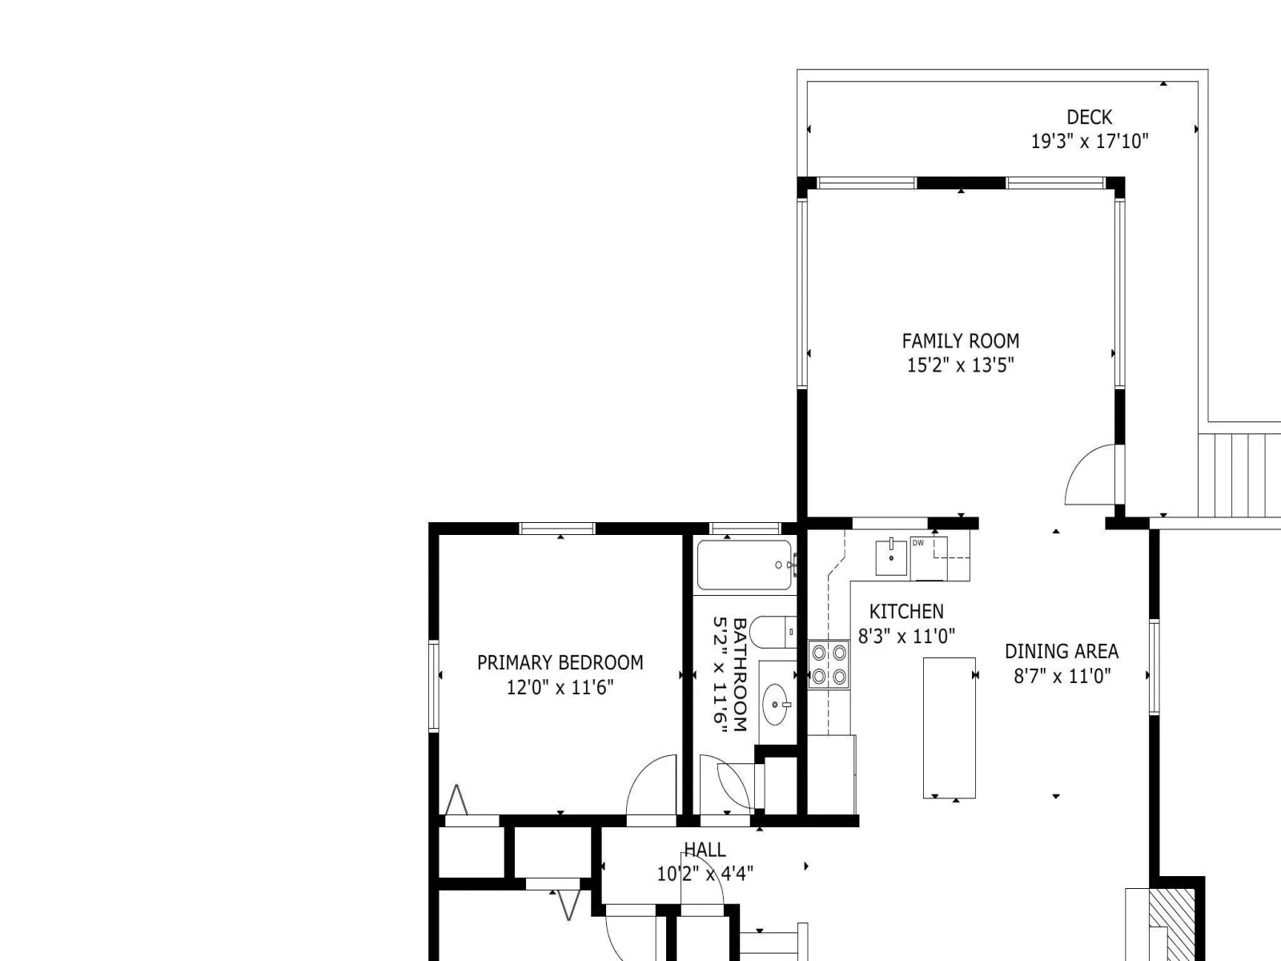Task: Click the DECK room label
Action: click(1089, 117)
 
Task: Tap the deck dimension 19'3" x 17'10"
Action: click(1089, 141)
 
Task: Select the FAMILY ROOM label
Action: click(961, 341)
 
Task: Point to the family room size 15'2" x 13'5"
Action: click(961, 365)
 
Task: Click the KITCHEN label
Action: click(906, 612)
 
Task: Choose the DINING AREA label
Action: click(1062, 651)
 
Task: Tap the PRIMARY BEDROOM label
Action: click(560, 663)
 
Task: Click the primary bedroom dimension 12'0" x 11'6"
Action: click(560, 687)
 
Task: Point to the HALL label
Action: click(705, 850)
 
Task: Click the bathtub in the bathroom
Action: click(745, 565)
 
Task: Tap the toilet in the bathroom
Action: click(773, 632)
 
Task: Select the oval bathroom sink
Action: click(776, 705)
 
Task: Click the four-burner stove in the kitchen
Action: click(829, 664)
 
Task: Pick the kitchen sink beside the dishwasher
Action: click(891, 558)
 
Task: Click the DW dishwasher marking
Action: click(918, 543)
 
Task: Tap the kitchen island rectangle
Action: click(949, 728)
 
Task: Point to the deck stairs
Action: click(1239, 475)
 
